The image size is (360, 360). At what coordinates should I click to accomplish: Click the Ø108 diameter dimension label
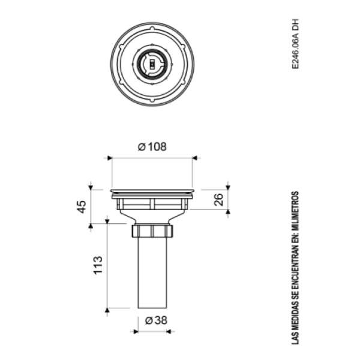(152, 147)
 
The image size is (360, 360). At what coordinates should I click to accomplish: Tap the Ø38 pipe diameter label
(156, 320)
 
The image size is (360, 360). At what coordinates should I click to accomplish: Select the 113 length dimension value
(98, 265)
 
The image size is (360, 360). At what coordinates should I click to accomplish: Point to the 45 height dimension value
(81, 207)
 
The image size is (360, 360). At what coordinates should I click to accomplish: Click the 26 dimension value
(218, 200)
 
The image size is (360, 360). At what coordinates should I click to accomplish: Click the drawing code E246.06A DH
(295, 44)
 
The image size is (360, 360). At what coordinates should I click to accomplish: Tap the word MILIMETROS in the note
(295, 211)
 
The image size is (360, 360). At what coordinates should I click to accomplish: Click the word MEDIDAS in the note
(295, 317)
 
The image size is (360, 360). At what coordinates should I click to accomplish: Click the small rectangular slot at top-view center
(152, 64)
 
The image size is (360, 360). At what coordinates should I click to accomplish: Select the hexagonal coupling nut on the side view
(152, 231)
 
